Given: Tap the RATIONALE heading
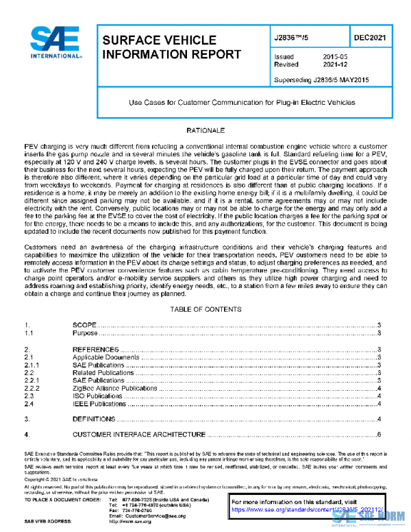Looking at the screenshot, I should click(x=206, y=129).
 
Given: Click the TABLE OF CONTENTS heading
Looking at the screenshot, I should click(x=206, y=309).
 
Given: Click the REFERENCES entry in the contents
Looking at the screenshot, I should click(x=95, y=350).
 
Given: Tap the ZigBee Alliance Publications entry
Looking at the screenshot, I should click(x=114, y=389).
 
